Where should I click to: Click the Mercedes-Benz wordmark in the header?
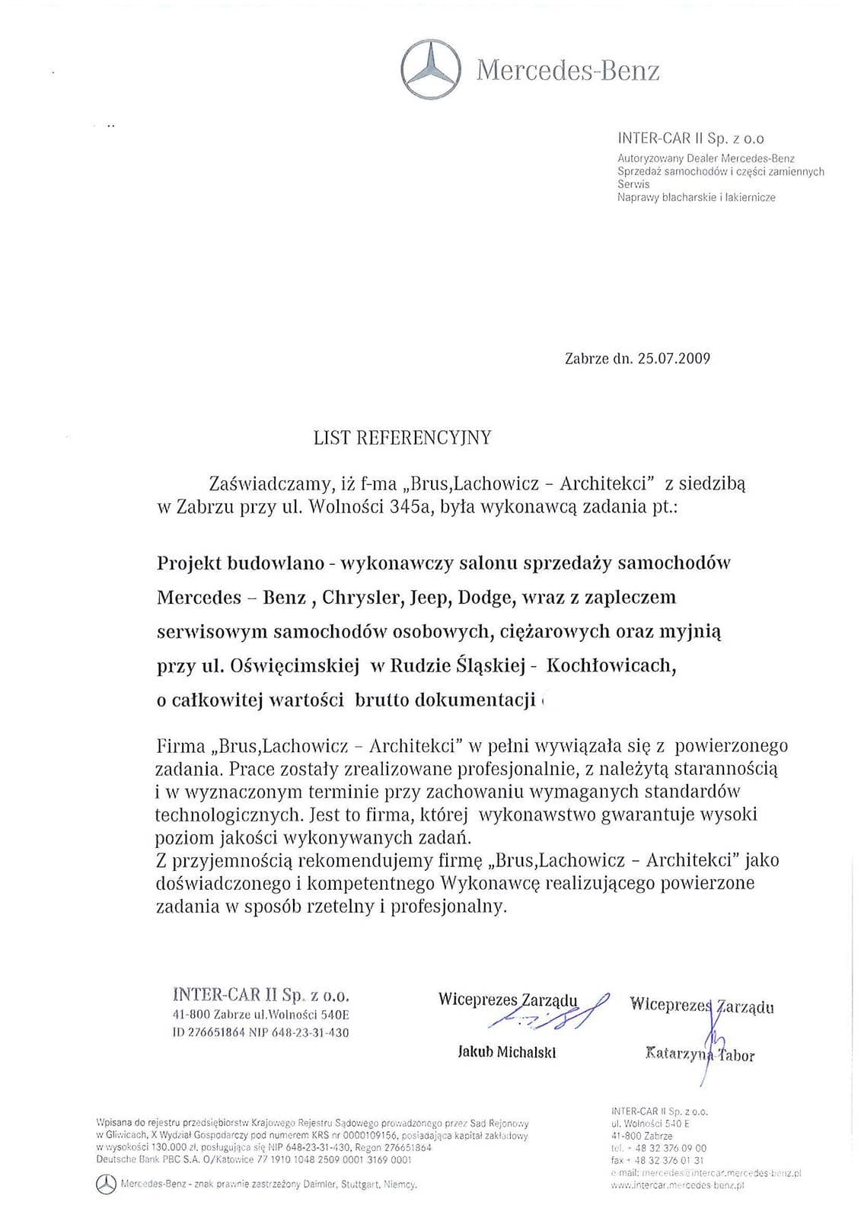click(x=568, y=71)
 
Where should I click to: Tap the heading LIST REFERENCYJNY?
click(x=403, y=438)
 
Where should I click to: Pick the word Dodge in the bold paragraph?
click(x=484, y=597)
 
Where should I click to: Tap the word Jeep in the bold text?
click(x=429, y=597)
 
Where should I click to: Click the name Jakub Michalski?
click(x=507, y=1053)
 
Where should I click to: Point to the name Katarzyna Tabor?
click(x=700, y=1055)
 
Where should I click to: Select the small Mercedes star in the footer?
click(x=107, y=1184)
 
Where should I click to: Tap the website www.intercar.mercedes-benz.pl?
click(x=678, y=1185)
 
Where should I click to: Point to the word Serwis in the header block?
click(x=629, y=185)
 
